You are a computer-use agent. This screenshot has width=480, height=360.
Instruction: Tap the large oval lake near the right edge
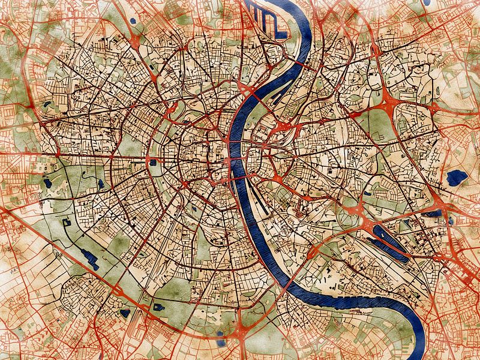pos(457,177)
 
